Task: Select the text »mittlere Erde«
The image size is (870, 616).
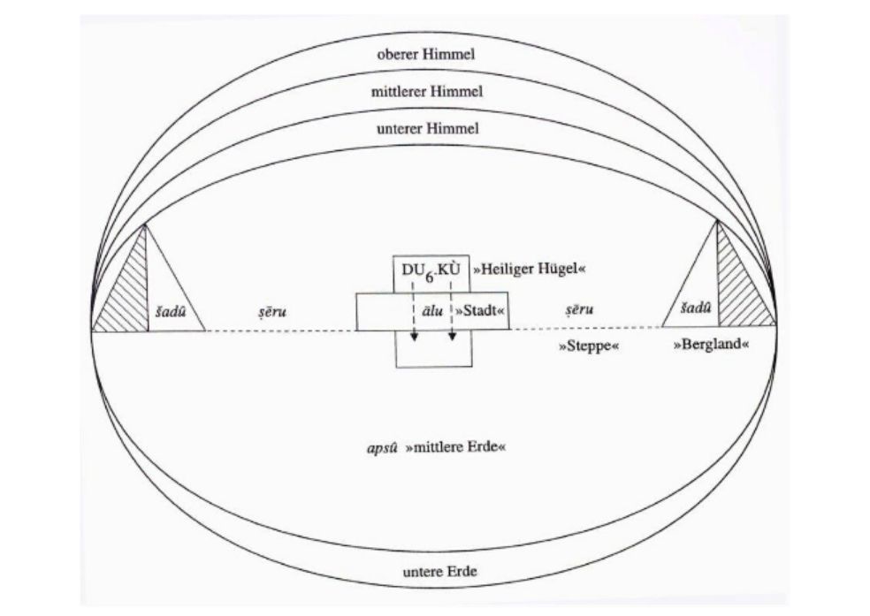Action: point(456,448)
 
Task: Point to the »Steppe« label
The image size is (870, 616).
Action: point(588,346)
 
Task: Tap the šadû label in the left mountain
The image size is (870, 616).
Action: point(168,312)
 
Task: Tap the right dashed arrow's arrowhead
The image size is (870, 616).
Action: point(452,338)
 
